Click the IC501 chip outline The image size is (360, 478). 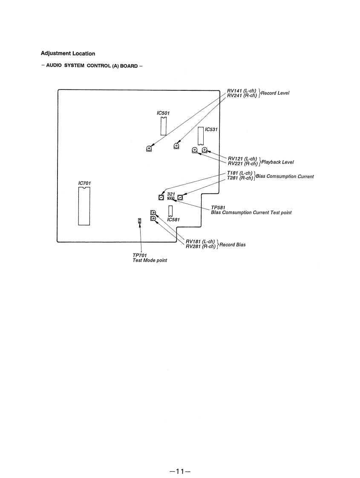click(163, 126)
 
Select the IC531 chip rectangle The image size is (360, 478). click(201, 136)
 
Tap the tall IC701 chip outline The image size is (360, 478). click(84, 206)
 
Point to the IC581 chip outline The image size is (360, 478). click(170, 211)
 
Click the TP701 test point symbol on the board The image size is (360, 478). click(139, 221)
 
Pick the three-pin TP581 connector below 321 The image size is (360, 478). click(170, 198)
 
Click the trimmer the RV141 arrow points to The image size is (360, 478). click(149, 149)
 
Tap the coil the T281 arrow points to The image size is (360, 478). click(180, 197)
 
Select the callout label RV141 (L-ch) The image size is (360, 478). click(242, 91)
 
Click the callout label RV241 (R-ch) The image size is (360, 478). click(242, 95)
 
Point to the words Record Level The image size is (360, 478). click(275, 93)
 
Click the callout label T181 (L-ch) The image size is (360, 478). click(241, 173)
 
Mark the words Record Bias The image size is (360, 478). click(233, 245)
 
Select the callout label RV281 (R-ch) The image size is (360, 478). click(201, 246)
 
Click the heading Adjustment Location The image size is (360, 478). click(68, 54)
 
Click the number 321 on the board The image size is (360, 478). click(171, 194)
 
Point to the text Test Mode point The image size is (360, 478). click(150, 260)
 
